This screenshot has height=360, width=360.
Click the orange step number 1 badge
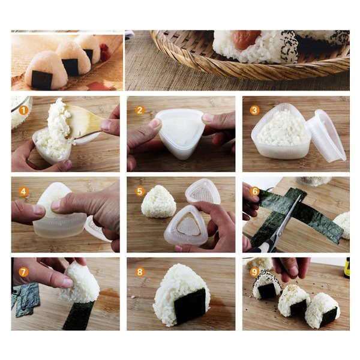point(23,110)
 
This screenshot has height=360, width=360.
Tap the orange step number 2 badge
point(140,110)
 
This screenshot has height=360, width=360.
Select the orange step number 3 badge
point(254,110)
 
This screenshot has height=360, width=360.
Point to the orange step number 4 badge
point(23,191)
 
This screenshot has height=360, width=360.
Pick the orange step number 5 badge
point(140,191)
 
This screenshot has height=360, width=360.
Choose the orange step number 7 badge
point(23,272)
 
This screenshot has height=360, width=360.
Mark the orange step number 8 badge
point(140,272)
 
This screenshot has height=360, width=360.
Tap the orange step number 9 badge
point(254,272)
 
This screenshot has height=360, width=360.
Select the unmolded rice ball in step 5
point(158,202)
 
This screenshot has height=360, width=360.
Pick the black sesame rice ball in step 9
point(267,286)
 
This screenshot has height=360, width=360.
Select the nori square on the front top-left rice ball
point(42,80)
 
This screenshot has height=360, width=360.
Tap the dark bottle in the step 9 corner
point(347,268)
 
